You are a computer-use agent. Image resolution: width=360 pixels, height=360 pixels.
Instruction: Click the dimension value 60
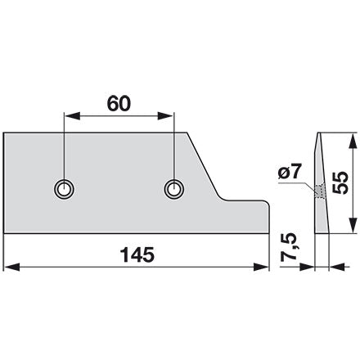point(119,104)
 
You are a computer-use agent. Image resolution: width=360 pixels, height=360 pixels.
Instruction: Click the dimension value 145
point(137,254)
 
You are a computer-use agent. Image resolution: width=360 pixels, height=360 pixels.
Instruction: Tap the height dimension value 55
point(341,182)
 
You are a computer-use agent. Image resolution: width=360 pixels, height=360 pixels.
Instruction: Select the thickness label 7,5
point(289,247)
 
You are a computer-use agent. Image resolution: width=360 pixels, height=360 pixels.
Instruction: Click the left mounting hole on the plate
point(64,189)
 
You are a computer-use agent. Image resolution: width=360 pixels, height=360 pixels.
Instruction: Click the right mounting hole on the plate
point(173,189)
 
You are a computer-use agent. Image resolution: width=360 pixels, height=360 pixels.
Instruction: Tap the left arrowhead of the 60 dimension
point(72,115)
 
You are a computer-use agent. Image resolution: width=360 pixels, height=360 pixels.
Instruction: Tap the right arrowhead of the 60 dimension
point(165,115)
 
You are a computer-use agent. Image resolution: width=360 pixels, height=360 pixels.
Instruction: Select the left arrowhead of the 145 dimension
point(12,267)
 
